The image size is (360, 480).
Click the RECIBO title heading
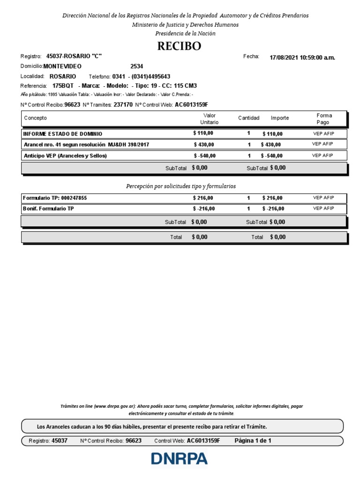point(180,46)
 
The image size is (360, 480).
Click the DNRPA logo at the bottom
point(179,458)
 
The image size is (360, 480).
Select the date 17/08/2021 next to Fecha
point(284,58)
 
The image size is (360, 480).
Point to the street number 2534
point(137,66)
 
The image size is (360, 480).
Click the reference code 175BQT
point(63,86)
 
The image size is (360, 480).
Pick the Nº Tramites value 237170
point(123,105)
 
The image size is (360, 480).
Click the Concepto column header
point(36,118)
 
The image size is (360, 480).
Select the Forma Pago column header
point(324,119)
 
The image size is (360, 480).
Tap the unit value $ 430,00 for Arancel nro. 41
point(203,144)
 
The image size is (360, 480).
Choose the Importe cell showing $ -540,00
point(271,156)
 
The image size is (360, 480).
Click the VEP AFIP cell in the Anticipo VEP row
point(323,155)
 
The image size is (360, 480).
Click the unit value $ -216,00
point(204,209)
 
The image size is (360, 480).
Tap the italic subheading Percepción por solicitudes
point(180,186)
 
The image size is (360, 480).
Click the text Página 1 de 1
point(253,441)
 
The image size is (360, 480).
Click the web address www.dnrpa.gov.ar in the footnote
point(115,406)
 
